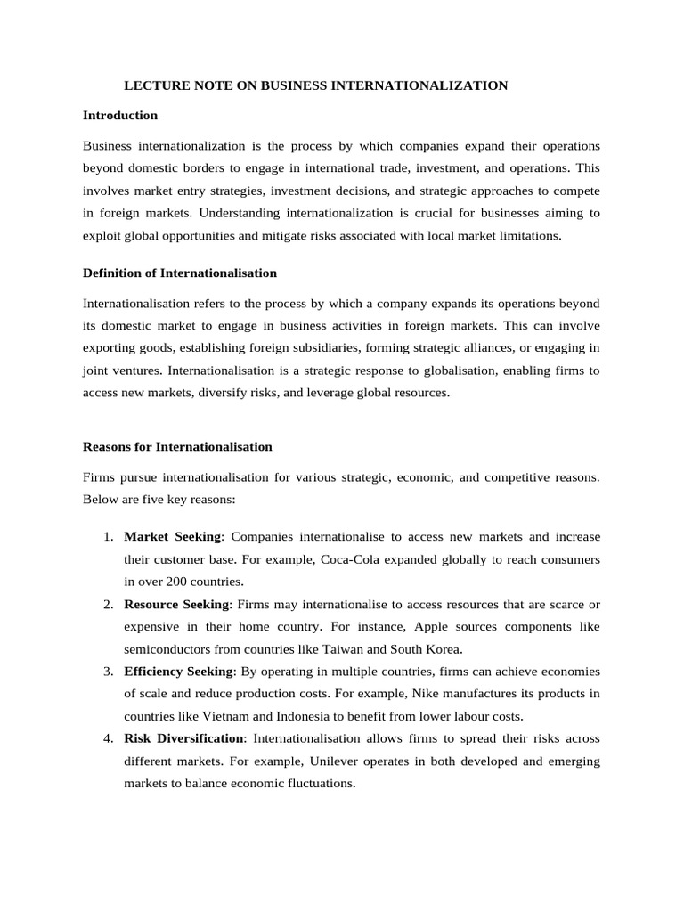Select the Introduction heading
120,115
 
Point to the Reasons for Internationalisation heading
177,446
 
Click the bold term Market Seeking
174,536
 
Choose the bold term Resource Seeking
176,604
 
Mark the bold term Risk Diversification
183,738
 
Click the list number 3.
107,672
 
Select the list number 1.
107,537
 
